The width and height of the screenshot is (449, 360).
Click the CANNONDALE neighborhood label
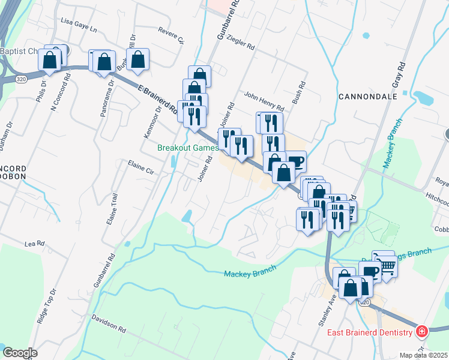tap(368, 96)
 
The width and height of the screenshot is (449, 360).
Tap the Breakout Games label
tap(187, 148)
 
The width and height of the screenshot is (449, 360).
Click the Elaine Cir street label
tap(141, 166)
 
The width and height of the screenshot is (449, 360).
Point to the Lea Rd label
tap(35, 244)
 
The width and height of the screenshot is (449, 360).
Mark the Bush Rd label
tap(298, 93)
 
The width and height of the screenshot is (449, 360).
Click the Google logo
tap(20, 353)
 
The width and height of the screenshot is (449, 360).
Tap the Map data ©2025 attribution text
tap(424, 355)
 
